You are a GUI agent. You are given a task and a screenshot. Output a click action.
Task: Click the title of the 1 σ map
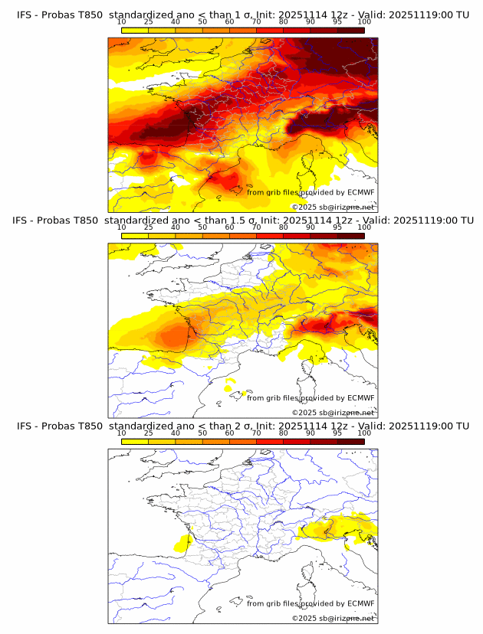click(x=242, y=15)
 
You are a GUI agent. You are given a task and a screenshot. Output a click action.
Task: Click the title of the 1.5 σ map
click(x=242, y=221)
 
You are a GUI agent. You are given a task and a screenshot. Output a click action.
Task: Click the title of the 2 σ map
click(x=242, y=426)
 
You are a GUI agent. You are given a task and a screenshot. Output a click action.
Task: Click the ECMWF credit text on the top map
click(x=310, y=192)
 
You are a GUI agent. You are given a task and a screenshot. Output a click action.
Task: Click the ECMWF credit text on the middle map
click(x=310, y=397)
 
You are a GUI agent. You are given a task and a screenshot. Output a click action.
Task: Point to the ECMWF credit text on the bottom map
click(x=310, y=603)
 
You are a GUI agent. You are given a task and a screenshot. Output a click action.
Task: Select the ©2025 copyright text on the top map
click(x=333, y=207)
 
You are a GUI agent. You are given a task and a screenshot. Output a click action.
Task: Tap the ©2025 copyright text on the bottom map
click(x=333, y=618)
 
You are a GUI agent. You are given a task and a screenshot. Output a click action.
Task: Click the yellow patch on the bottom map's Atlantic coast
click(x=183, y=543)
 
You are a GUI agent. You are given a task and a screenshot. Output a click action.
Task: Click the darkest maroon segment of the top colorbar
click(x=350, y=30)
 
